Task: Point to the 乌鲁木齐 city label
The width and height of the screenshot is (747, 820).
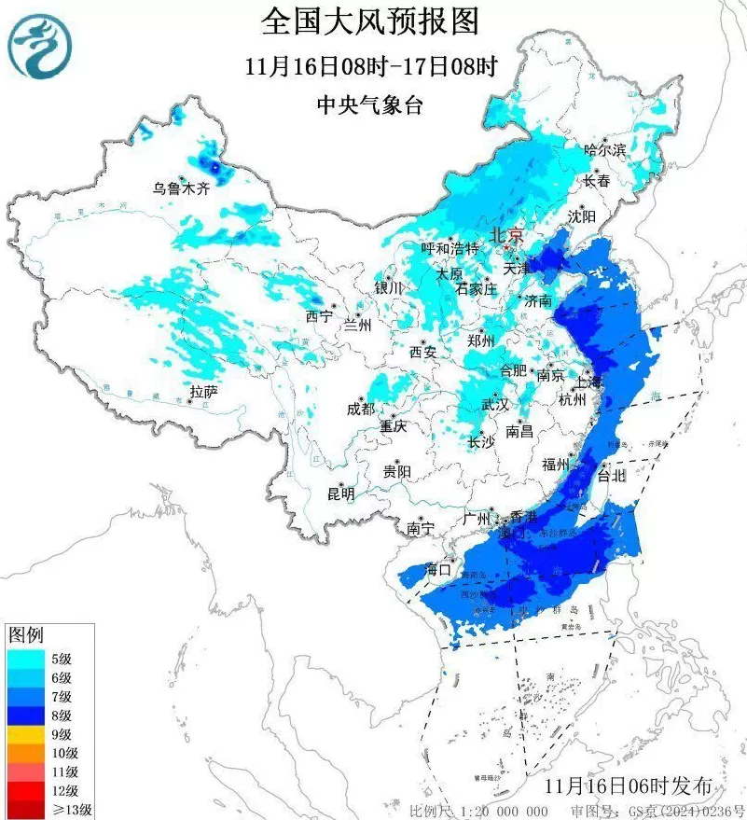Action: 182,188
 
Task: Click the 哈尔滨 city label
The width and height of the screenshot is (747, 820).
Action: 604,149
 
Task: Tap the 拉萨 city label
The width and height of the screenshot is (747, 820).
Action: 203,393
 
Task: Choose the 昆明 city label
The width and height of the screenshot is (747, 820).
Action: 340,493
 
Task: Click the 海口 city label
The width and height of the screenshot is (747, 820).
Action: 438,569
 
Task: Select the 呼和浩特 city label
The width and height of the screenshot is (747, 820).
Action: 450,248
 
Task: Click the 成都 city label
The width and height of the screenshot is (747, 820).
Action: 360,410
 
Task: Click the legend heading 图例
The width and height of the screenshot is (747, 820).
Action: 25,635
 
